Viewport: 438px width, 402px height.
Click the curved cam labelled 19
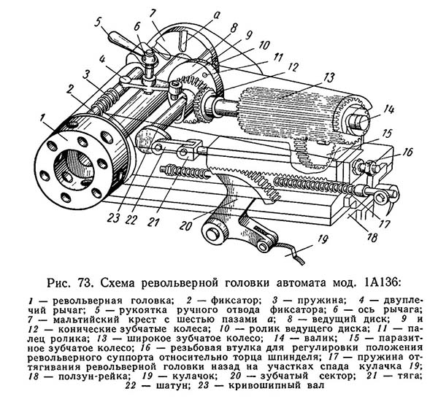(x=288, y=252)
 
